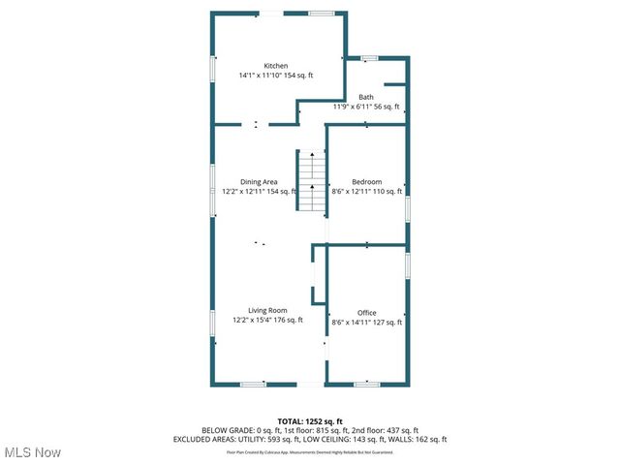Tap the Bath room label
click(366, 97)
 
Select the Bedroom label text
click(366, 182)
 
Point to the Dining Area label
click(259, 182)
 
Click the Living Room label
click(267, 310)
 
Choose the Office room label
click(366, 313)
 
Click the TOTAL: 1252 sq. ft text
click(310, 420)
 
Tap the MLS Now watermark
click(33, 452)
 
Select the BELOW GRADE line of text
click(310, 430)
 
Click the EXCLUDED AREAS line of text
click(310, 439)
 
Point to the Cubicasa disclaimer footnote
click(310, 451)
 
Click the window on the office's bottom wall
click(366, 384)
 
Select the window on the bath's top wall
click(369, 59)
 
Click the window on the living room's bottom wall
click(253, 384)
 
